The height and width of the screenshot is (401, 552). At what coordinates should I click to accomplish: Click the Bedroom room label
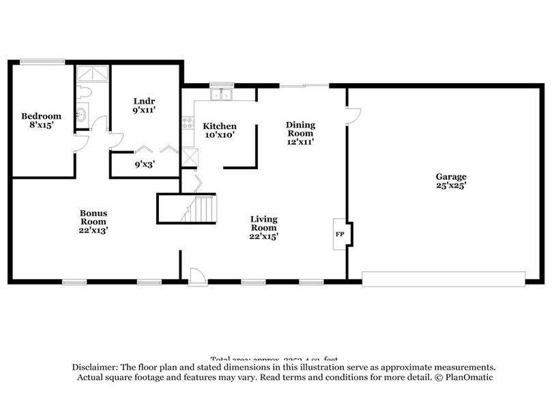click(40, 116)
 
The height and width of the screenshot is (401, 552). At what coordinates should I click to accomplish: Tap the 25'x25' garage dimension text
click(451, 185)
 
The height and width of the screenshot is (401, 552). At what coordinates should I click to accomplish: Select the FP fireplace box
click(340, 234)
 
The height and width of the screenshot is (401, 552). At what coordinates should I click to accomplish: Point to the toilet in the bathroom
click(85, 92)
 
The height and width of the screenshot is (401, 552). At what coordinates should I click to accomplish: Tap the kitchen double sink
click(221, 94)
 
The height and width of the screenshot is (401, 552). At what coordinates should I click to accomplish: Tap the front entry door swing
click(197, 275)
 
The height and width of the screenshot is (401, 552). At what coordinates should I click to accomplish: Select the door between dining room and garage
click(352, 115)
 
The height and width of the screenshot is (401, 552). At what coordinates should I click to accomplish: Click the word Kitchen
click(220, 126)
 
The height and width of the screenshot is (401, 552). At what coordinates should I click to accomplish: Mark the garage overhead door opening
click(443, 279)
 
